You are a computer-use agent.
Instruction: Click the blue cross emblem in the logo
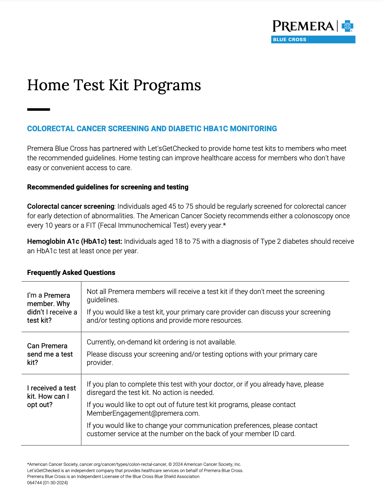tap(347, 26)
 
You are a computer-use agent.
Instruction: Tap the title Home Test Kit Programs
tap(114, 85)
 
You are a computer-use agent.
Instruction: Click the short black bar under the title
tap(39, 110)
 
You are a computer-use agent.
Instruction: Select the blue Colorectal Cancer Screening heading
tap(152, 129)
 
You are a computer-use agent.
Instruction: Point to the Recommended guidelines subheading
tap(108, 187)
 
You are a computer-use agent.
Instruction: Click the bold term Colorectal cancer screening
tap(71, 206)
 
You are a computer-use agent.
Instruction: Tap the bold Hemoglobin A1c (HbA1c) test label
tap(74, 241)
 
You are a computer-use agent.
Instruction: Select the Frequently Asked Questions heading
tap(71, 273)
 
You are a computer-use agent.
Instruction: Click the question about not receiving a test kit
tap(52, 308)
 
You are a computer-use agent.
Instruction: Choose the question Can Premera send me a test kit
tap(50, 354)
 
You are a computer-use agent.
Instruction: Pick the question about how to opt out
tap(51, 396)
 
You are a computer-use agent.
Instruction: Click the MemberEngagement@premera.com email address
tap(143, 413)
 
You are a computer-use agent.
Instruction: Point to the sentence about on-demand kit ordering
tap(161, 342)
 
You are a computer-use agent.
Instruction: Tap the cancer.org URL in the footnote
tap(123, 464)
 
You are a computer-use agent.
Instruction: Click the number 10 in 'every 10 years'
tap(49, 225)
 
